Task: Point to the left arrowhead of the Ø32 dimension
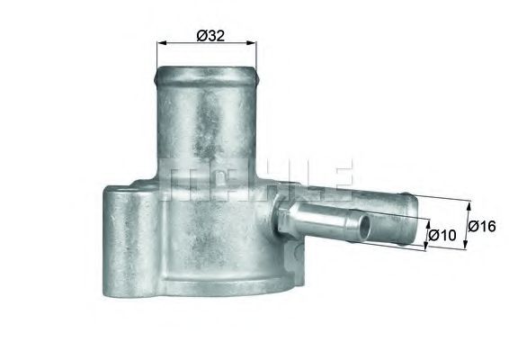[x=161, y=43]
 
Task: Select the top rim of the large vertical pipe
[x=207, y=66]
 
